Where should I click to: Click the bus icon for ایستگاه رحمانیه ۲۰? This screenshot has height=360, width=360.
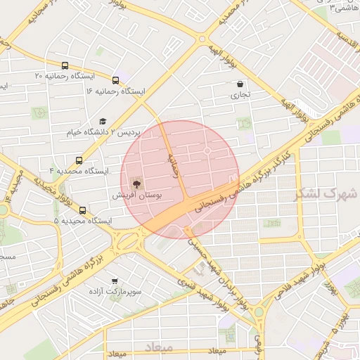pos(65,65)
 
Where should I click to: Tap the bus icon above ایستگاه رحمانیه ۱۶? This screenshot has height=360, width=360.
pos(115,80)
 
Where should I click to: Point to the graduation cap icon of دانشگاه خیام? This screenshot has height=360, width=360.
pos(103,121)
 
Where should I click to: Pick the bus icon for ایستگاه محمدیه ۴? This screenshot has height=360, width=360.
pos(78,160)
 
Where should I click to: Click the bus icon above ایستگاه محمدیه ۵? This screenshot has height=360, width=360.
pos(83,210)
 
